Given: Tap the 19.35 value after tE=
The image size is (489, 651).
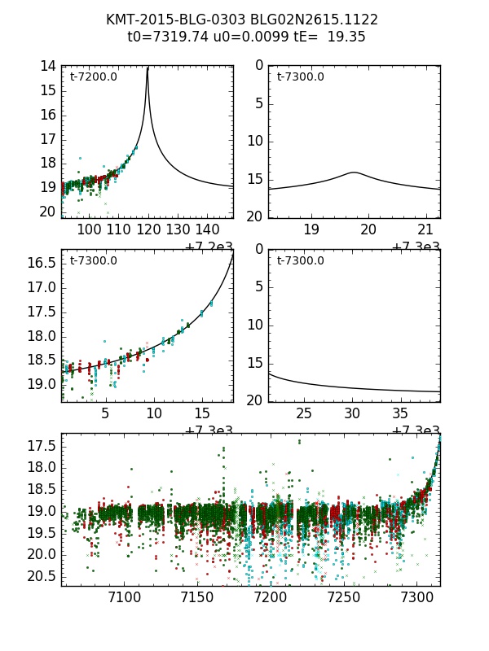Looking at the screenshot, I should click(346, 37).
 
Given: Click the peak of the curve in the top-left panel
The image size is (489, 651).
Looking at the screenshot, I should click(148, 68).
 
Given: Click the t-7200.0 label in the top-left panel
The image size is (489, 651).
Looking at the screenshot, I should click(93, 76).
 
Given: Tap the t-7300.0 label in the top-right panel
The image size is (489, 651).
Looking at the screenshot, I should click(300, 76).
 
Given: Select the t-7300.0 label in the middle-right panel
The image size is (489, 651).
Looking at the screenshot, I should click(300, 260).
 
